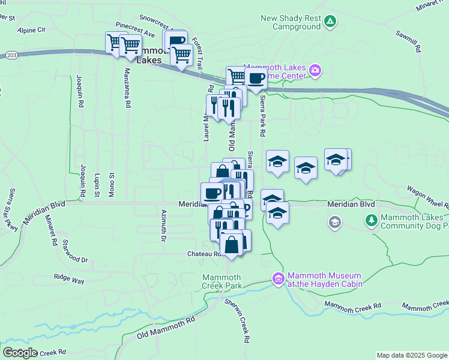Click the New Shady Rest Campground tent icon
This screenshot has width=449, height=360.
coord(330,22)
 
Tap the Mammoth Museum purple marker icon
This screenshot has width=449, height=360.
coord(277,279)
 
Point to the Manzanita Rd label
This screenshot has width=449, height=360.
coord(127,88)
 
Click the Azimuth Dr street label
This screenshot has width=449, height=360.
coord(163,224)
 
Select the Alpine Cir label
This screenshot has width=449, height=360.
coord(31,29)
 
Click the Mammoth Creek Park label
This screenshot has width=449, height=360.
coord(222,281)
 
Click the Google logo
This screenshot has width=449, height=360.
coord(20,353)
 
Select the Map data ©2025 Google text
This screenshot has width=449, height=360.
coord(412,355)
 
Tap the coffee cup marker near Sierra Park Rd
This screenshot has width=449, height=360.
coord(256,78)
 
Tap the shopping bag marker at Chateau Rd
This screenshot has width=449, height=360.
coord(232,245)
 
